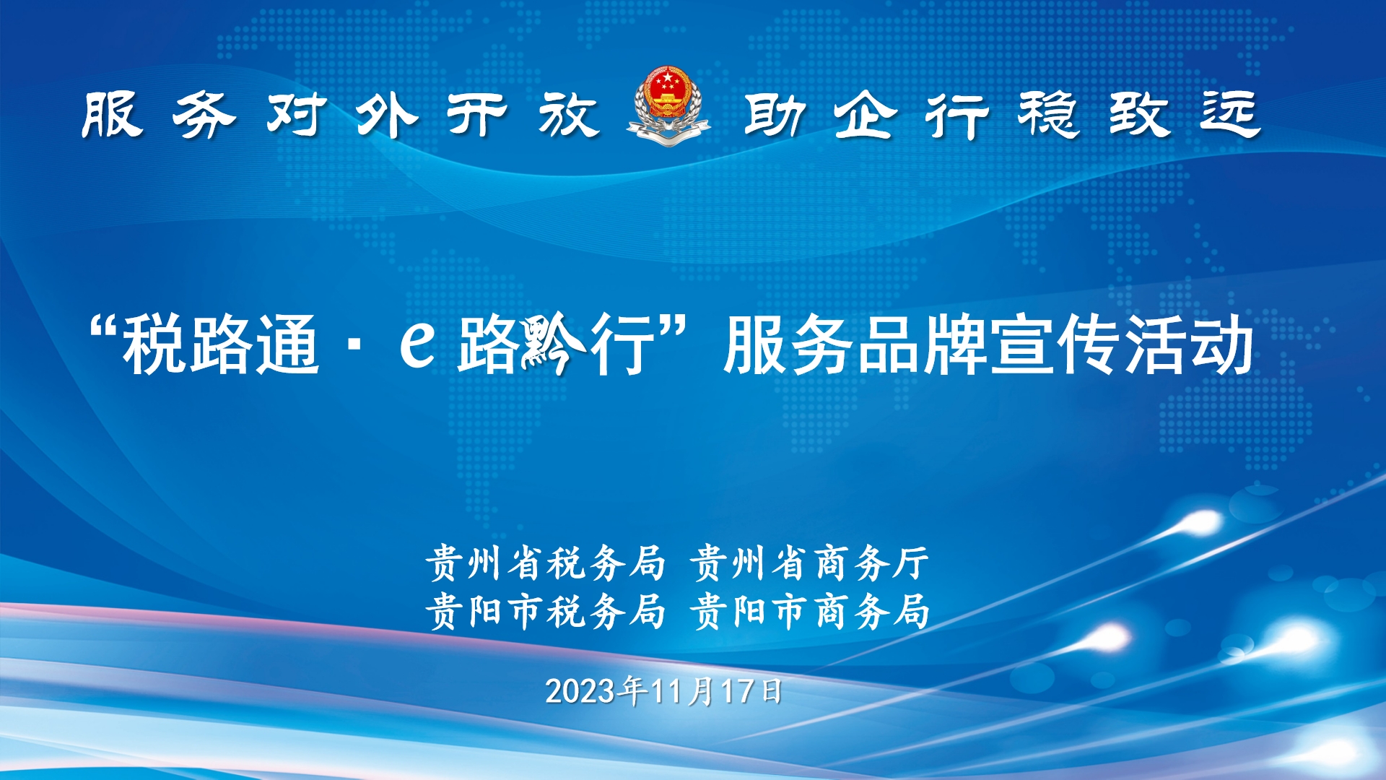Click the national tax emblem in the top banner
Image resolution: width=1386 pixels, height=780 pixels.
(668, 106)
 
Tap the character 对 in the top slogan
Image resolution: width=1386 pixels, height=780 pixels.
(295, 114)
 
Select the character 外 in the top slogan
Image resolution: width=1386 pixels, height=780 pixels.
(387, 114)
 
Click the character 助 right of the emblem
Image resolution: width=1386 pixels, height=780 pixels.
(775, 114)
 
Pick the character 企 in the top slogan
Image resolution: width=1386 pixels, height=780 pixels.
(866, 114)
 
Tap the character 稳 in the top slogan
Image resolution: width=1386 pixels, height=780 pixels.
(1049, 114)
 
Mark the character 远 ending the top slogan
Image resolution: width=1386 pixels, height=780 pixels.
(1231, 114)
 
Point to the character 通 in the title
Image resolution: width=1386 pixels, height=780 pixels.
(288, 345)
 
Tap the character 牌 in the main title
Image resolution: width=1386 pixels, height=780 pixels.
(954, 345)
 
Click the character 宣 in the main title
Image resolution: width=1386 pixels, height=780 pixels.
(1021, 345)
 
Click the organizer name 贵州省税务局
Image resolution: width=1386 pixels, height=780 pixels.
(545, 563)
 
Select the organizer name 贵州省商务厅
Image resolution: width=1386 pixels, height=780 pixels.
(810, 563)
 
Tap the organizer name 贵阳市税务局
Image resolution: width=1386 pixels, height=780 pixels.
(545, 612)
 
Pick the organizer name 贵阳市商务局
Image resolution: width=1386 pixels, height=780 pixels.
(810, 612)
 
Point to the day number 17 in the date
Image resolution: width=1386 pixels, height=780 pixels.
(737, 691)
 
